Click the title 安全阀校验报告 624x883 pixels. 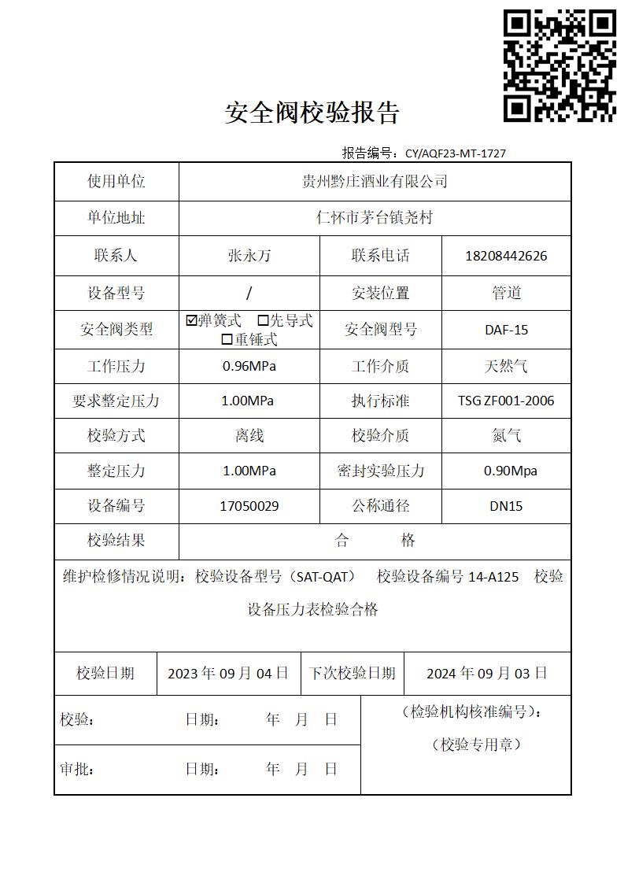(x=312, y=113)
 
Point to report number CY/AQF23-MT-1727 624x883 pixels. (x=455, y=153)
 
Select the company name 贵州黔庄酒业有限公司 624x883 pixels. (x=375, y=182)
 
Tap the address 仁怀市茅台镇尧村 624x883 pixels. (x=375, y=218)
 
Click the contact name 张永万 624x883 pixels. (x=249, y=256)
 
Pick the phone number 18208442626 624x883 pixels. (x=506, y=256)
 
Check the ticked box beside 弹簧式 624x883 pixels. (x=191, y=320)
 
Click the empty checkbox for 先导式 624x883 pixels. (x=264, y=320)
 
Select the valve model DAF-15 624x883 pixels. (x=506, y=330)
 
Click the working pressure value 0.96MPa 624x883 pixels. (x=249, y=366)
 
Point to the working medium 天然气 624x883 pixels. (x=506, y=366)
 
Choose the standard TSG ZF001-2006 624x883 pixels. (x=506, y=401)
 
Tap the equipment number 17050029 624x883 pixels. (x=249, y=506)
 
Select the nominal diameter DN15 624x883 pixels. (x=506, y=506)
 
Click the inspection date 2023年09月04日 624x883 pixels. (x=228, y=674)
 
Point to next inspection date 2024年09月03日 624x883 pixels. (x=486, y=674)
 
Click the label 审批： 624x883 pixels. (x=76, y=770)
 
